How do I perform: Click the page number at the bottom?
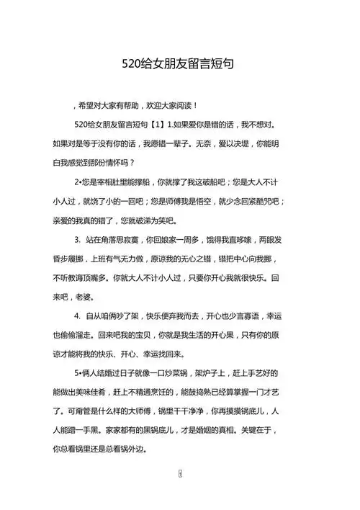click(180, 476)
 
